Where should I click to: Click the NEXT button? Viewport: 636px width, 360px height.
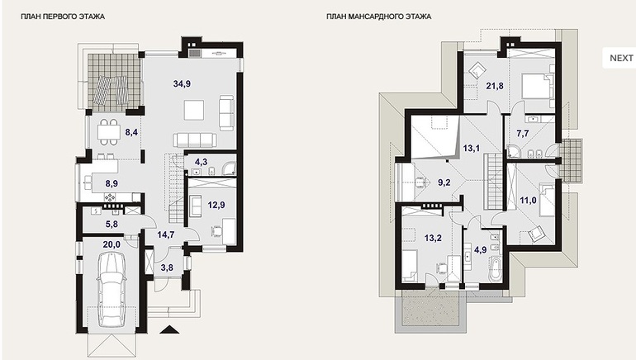(x=619, y=58)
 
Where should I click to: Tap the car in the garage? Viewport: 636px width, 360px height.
(x=112, y=289)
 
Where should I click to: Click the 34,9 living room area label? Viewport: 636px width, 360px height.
(x=182, y=84)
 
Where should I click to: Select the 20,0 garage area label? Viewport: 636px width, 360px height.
(x=112, y=244)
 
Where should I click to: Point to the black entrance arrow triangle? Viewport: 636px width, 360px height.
(x=169, y=329)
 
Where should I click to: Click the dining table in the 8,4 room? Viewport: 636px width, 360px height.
(x=108, y=132)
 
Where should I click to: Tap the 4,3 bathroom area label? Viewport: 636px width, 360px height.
(x=201, y=162)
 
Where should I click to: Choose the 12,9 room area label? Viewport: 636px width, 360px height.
(x=216, y=205)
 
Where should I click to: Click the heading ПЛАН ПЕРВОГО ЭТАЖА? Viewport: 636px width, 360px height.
(x=63, y=17)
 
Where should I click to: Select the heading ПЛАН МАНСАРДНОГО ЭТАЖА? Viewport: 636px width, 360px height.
(x=379, y=17)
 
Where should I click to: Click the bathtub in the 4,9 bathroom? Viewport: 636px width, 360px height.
(x=495, y=268)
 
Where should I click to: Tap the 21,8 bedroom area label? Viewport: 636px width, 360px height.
(x=495, y=86)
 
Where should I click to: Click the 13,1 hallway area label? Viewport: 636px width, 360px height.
(x=472, y=149)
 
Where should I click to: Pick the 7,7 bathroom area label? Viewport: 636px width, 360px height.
(x=523, y=133)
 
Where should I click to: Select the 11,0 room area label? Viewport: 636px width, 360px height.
(x=528, y=200)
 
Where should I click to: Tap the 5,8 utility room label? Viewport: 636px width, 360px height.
(x=112, y=224)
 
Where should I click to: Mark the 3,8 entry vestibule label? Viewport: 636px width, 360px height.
(x=167, y=268)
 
